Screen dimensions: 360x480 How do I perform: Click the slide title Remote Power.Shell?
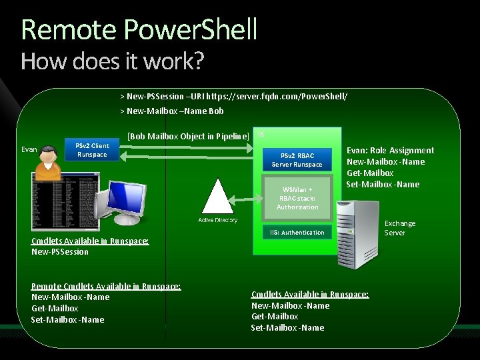[x=139, y=30]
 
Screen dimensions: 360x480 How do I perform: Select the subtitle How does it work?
[x=112, y=61]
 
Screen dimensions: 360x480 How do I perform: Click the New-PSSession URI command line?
[x=233, y=96]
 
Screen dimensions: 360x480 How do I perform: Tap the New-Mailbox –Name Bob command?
[x=171, y=111]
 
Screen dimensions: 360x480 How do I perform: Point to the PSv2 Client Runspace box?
[x=92, y=150]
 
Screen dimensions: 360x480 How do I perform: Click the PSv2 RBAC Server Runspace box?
[x=297, y=160]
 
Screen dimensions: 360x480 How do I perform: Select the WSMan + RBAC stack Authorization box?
[x=297, y=198]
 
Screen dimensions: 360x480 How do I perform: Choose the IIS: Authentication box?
[x=297, y=232]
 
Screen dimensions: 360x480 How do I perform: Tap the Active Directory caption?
[x=217, y=220]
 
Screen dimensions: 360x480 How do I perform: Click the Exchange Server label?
[x=399, y=228]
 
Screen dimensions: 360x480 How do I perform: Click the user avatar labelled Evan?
[x=47, y=162]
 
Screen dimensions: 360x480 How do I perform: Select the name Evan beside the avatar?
[x=29, y=149]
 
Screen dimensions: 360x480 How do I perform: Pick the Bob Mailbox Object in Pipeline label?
[x=188, y=136]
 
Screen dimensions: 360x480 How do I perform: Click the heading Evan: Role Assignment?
[x=390, y=150]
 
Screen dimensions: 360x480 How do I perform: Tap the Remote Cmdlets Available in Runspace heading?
[x=106, y=285]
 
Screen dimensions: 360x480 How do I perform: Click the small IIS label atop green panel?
[x=261, y=134]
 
